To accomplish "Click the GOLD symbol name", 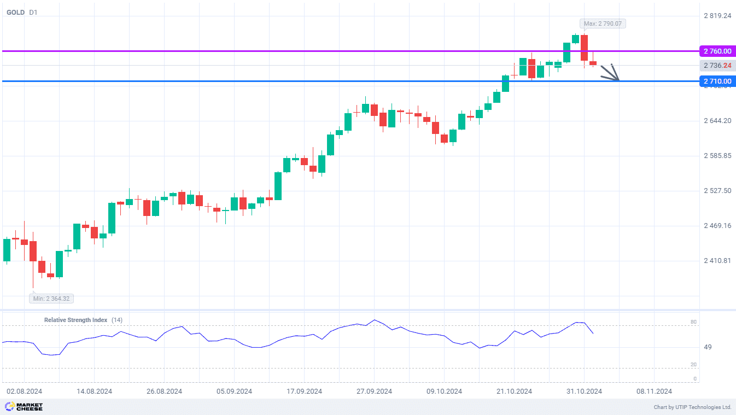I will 15,12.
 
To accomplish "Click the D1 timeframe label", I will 33,12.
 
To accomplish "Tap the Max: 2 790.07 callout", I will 603,24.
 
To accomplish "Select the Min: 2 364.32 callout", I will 52,299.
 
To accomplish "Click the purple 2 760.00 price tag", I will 717,51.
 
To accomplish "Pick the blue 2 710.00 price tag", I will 717,81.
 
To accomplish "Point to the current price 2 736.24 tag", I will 717,66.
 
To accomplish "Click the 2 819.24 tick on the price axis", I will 717,16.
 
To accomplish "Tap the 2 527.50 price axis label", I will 717,191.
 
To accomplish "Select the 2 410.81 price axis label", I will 717,261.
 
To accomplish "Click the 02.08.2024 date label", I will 24,391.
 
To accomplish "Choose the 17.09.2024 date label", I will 304,391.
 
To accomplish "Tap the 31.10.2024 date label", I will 584,391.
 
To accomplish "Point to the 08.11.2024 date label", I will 654,391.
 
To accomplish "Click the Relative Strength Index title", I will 75,320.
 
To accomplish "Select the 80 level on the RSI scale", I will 693,323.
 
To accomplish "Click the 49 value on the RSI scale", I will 692,347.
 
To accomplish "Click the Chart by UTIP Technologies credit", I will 692,407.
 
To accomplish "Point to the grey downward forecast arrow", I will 611,73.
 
